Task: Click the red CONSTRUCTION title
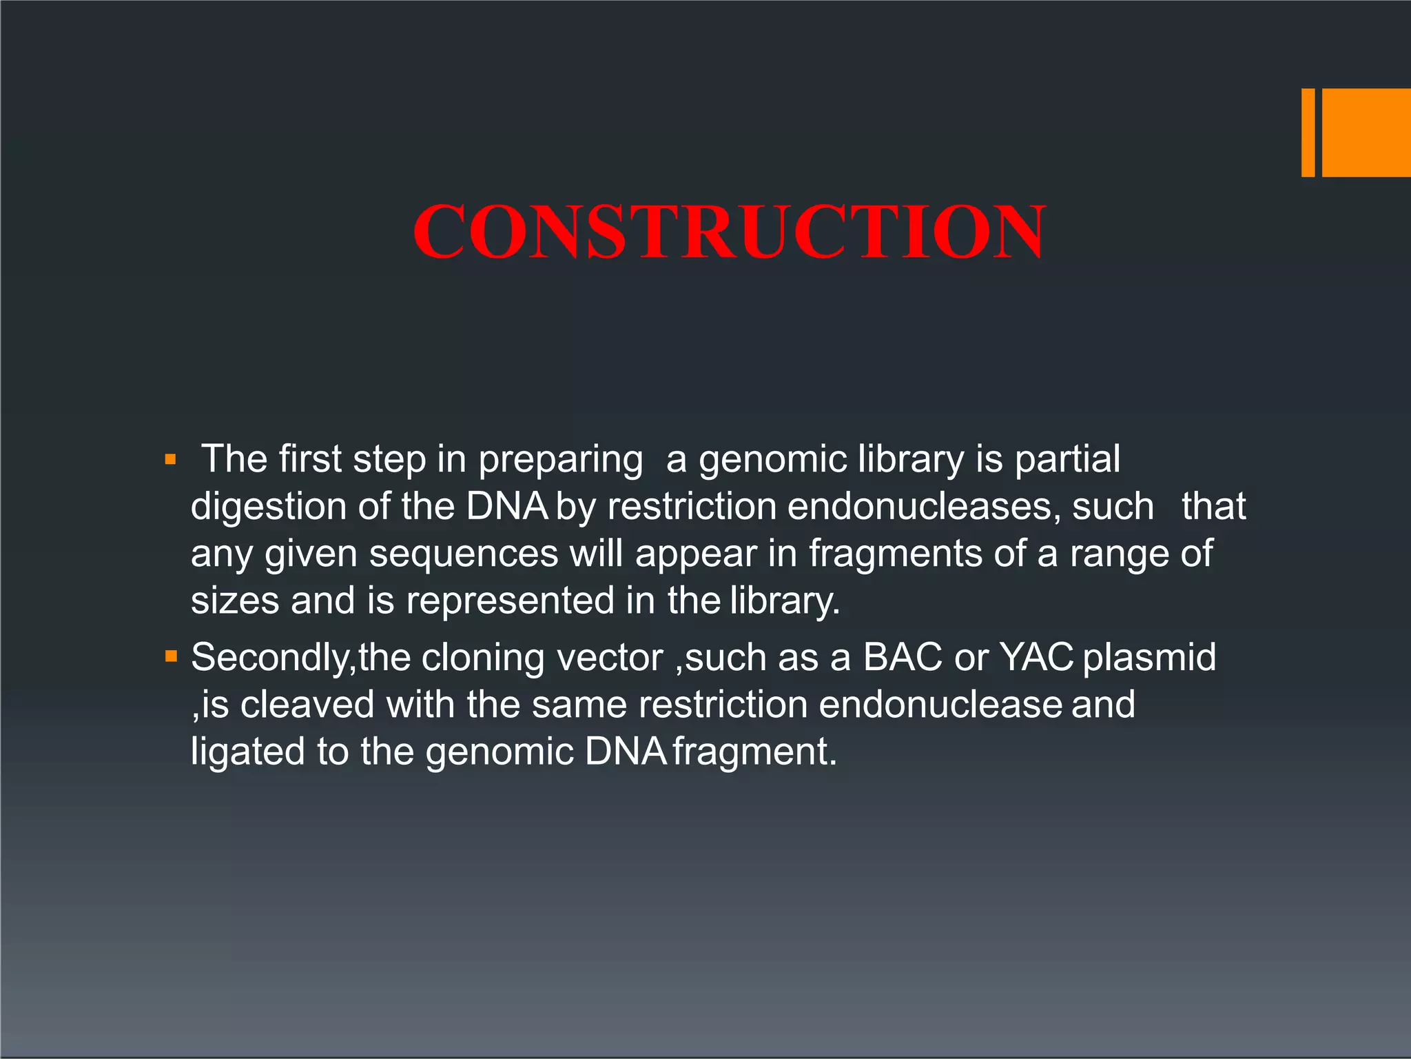729,232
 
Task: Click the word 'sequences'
464,554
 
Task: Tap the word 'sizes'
235,601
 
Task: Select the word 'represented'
510,601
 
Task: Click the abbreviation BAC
902,657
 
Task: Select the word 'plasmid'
1149,658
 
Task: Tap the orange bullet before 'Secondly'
171,656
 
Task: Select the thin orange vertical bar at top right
1308,132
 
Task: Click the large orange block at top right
1366,132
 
